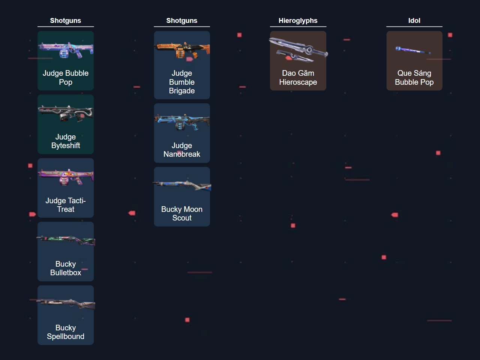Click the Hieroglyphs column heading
pyautogui.click(x=298, y=21)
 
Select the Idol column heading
pyautogui.click(x=414, y=21)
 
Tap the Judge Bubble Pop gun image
pyautogui.click(x=66, y=50)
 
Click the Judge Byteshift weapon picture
pyautogui.click(x=66, y=113)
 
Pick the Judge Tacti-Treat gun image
pyautogui.click(x=66, y=177)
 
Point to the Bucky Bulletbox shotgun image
pyautogui.click(x=66, y=240)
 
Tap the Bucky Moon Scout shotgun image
pyautogui.click(x=182, y=185)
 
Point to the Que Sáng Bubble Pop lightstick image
pyautogui.click(x=413, y=50)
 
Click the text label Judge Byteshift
pyautogui.click(x=66, y=141)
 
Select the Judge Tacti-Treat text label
pyautogui.click(x=66, y=205)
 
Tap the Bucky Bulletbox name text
pyautogui.click(x=66, y=268)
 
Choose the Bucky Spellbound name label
pyautogui.click(x=66, y=332)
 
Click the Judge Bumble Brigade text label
pyautogui.click(x=182, y=82)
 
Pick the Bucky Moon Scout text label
pyautogui.click(x=182, y=214)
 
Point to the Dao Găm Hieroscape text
pyautogui.click(x=298, y=78)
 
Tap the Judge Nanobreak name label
pyautogui.click(x=182, y=150)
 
